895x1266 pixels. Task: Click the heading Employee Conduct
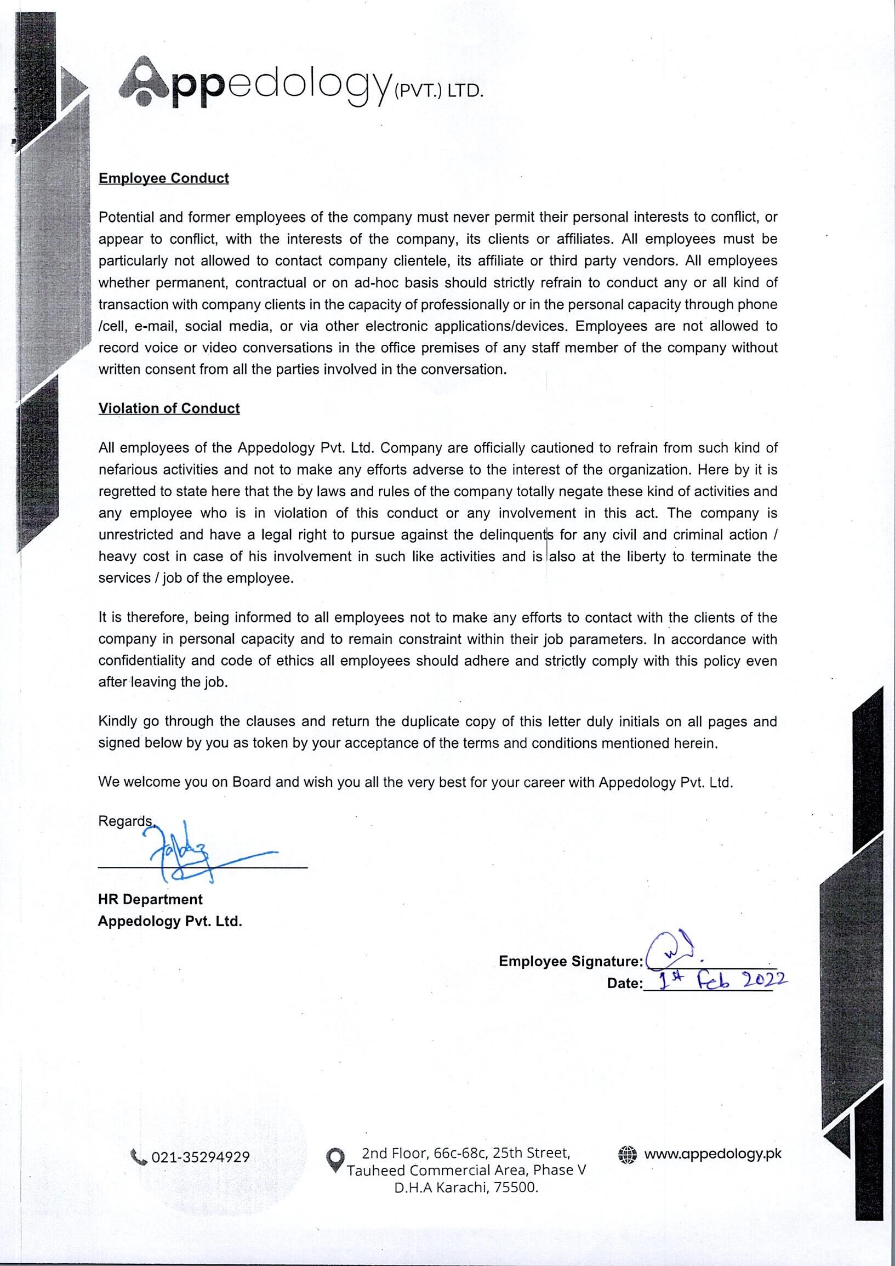point(164,178)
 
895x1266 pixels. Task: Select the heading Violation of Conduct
point(169,408)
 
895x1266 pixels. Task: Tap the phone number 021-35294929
point(201,1157)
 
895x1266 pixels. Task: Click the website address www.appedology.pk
point(712,1154)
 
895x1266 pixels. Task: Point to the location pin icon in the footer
point(335,1161)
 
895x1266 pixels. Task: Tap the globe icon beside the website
point(628,1154)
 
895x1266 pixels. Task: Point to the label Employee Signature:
point(571,961)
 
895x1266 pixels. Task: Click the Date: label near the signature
point(624,983)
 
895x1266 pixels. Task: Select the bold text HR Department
point(150,899)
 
